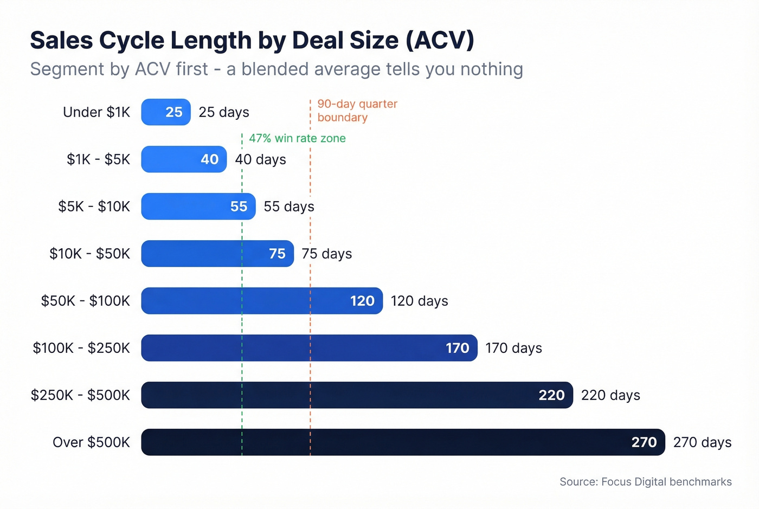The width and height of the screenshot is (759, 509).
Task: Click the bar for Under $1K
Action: point(165,112)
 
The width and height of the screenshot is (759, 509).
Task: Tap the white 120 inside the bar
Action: point(362,301)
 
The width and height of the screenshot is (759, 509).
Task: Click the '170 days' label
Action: point(513,348)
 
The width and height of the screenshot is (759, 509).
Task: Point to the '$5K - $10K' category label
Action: point(94,207)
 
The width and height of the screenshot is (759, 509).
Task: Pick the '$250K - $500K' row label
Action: point(80,395)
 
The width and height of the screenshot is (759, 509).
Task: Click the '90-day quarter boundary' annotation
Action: point(357,111)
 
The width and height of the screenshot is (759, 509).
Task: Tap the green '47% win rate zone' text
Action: point(297,138)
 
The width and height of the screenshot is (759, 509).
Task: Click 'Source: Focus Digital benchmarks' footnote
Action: point(645,482)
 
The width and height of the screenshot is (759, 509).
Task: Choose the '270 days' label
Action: point(702,442)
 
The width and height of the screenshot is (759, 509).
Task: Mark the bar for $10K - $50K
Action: point(217,254)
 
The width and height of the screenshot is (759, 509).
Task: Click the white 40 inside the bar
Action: point(209,159)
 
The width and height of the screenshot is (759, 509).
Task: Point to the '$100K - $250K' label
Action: point(81,348)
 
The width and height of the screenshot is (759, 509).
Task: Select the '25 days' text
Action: point(224,112)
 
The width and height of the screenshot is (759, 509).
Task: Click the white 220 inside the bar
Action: point(551,395)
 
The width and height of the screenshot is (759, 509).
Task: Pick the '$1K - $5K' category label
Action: point(99,159)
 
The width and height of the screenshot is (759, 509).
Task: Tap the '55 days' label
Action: point(289,207)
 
